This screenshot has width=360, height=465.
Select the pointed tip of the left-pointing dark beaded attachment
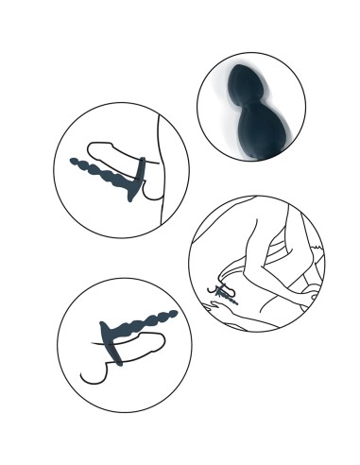(x=75, y=163)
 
